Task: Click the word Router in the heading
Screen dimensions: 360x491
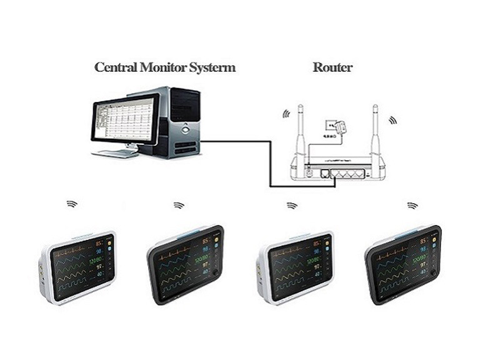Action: [332, 67]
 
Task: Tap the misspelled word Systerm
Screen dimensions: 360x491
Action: [212, 67]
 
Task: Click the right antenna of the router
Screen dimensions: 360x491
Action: [376, 131]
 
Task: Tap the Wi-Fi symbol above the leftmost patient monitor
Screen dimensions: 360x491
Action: [72, 204]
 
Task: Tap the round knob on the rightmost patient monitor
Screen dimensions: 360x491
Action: [432, 272]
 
